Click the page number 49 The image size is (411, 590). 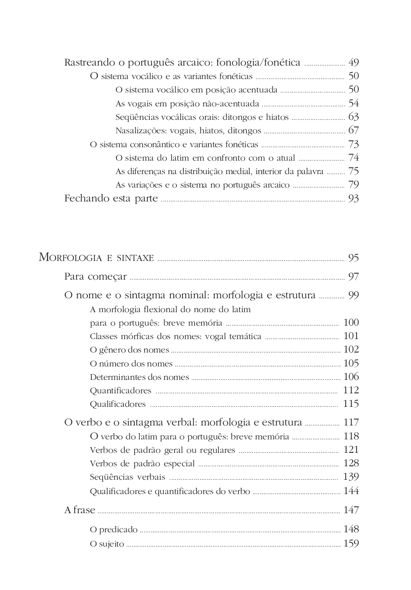(353, 63)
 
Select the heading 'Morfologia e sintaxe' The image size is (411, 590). (96, 257)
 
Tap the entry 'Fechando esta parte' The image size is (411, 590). (111, 199)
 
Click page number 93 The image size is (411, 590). (353, 199)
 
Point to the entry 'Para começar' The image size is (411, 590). (96, 277)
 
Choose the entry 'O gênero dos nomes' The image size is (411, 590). (129, 350)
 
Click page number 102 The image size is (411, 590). (351, 349)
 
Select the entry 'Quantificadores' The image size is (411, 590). (120, 391)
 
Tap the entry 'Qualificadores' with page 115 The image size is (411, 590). (118, 404)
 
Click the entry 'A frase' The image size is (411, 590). (80, 510)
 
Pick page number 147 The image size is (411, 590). (351, 510)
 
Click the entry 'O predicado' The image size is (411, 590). (113, 530)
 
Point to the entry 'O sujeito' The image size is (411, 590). (107, 544)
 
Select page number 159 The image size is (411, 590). (351, 544)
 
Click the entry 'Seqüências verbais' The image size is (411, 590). (127, 477)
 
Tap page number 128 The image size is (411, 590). (351, 463)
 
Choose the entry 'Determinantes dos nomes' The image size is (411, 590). (139, 377)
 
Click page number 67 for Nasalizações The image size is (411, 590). (353, 130)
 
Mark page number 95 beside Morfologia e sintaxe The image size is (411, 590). (353, 258)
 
